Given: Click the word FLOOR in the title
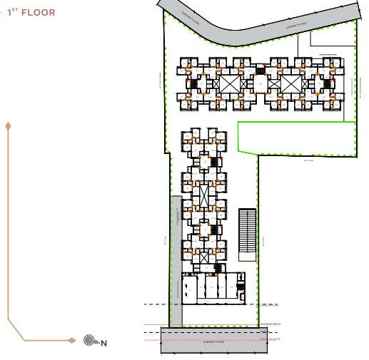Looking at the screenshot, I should click(38, 13).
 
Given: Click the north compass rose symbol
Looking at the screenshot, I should click(89, 340).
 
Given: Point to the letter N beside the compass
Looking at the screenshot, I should click(103, 344).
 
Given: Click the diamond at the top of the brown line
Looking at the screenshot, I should click(8, 126).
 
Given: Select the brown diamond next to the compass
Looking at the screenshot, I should click(71, 340).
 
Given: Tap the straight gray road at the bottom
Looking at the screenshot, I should click(214, 340).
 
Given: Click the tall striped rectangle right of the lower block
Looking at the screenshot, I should click(247, 230).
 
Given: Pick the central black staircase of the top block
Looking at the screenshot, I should click(260, 71).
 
